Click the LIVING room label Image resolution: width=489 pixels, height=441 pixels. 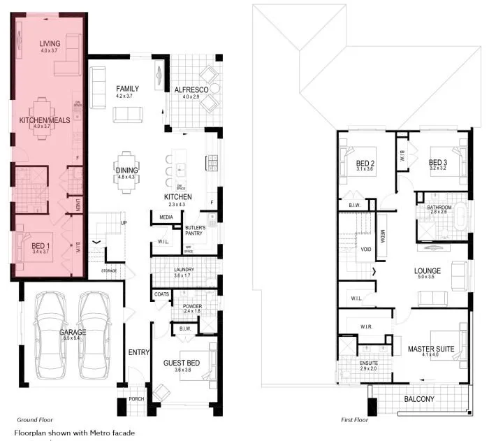pos(50,43)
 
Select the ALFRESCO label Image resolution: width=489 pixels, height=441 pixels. pos(192,89)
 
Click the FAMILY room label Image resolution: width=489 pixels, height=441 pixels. pos(127,89)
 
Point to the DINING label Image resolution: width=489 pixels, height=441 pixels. pos(126,170)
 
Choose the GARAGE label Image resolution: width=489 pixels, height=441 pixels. pos(72,332)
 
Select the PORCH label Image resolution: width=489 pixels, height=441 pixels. pos(136,400)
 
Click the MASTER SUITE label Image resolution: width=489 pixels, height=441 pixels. pos(431,348)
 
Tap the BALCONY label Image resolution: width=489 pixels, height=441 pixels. pos(419,399)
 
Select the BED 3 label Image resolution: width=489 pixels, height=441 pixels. pos(438,163)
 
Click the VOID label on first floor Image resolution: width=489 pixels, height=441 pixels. pos(366,249)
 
